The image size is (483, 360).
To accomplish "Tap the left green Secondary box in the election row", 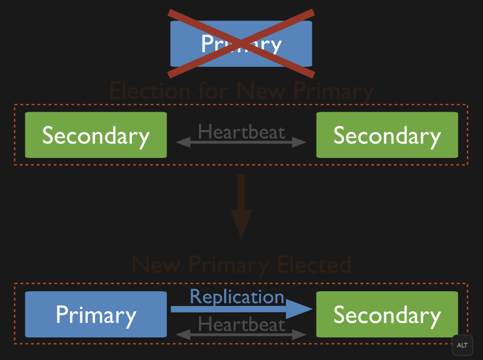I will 96,135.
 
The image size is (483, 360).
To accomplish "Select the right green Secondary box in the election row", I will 387,135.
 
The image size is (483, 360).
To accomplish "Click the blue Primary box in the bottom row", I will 96,315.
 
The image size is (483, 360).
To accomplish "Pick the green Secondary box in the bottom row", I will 387,315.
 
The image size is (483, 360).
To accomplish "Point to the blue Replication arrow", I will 231,309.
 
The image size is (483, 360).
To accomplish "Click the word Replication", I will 237,297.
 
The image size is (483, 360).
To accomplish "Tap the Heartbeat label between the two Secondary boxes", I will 241,131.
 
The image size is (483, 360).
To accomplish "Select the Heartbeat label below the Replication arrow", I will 241,324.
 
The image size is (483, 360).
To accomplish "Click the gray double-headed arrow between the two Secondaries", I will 241,142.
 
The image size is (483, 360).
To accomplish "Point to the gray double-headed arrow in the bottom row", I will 241,334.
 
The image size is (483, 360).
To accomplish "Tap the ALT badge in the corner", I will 462,345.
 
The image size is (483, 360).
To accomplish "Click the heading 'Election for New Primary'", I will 241,91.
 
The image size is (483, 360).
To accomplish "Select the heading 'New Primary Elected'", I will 241,265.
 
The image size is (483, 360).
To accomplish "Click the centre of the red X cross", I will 241,43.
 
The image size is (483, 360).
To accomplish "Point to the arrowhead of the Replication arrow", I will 300,309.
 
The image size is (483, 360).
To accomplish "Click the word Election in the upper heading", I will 143,91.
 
